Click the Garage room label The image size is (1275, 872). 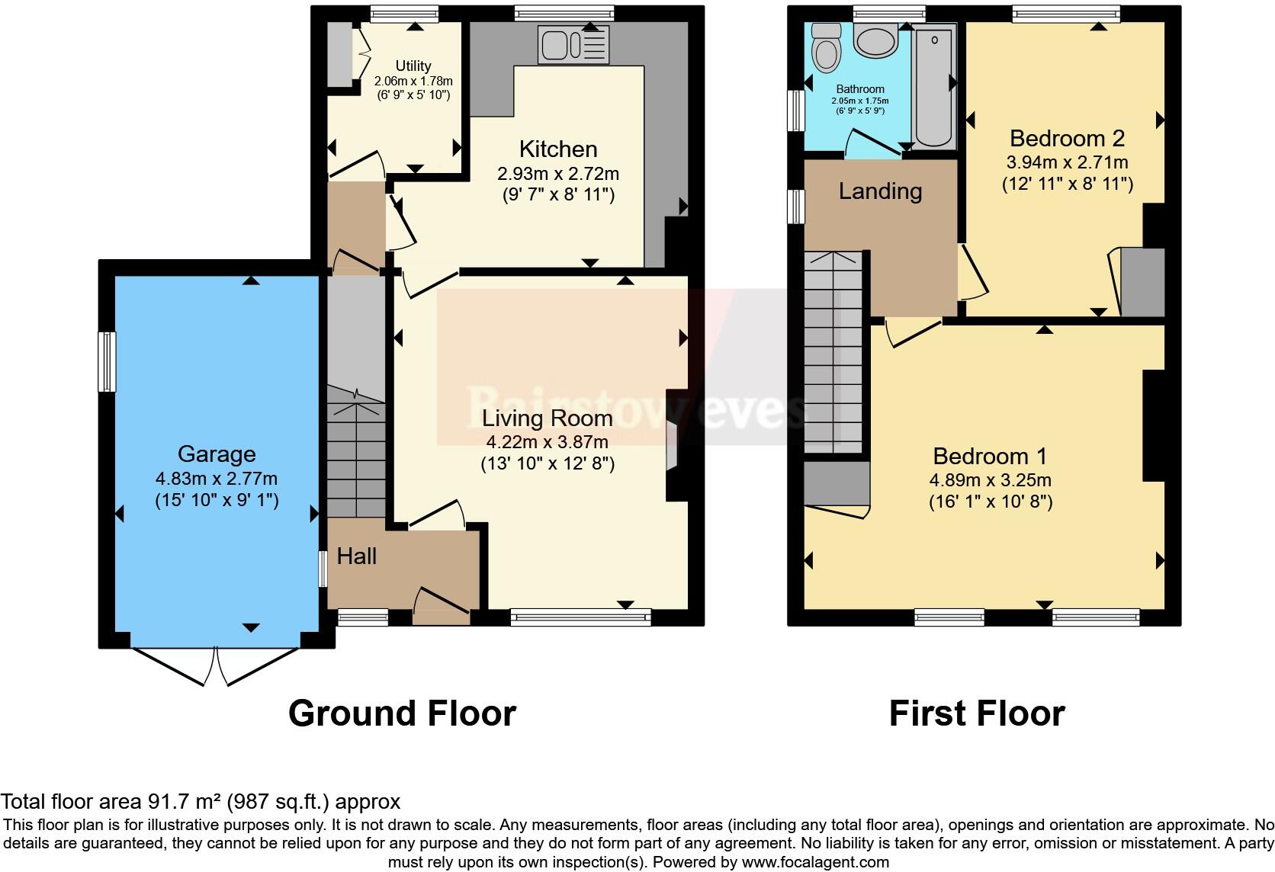[x=216, y=454]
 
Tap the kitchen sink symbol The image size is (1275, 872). [x=573, y=44]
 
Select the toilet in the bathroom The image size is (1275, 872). [x=825, y=47]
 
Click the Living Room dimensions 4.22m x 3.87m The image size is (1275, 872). [x=547, y=442]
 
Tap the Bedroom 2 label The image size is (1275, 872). [x=1067, y=139]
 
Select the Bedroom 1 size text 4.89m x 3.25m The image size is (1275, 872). [x=990, y=480]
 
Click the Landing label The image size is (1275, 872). [x=880, y=191]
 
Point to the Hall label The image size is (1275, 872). [x=357, y=556]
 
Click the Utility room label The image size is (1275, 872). [x=413, y=66]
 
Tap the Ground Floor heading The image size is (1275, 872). [x=402, y=713]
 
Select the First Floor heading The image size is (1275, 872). [x=976, y=713]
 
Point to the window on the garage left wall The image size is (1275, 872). [x=108, y=362]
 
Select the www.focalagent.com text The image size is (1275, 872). [x=815, y=863]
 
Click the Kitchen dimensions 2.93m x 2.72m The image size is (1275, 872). [x=557, y=174]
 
